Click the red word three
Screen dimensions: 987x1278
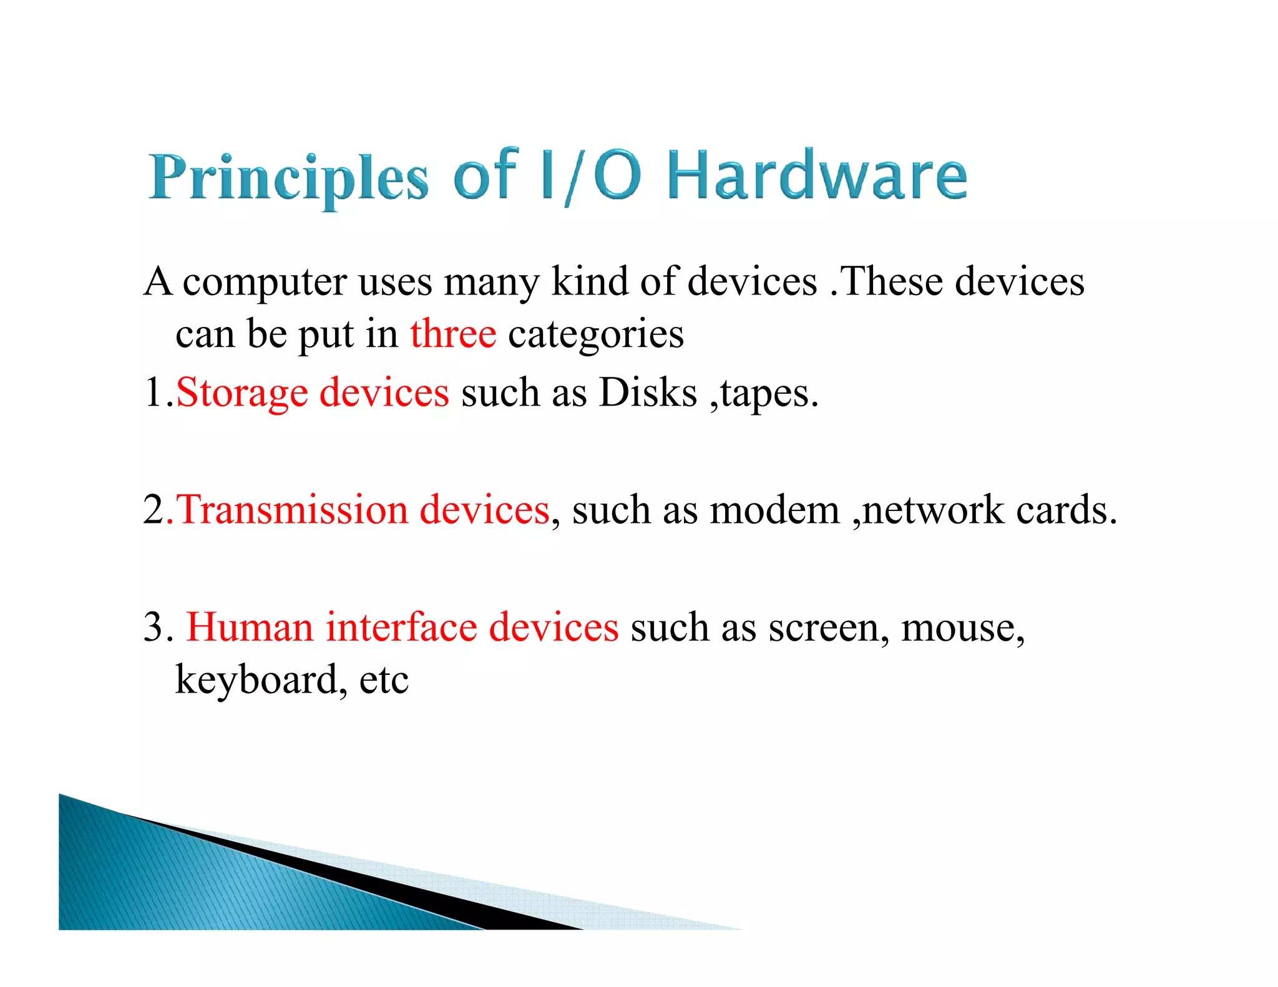point(453,334)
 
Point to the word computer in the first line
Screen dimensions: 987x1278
point(265,282)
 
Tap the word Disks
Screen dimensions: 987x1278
point(648,393)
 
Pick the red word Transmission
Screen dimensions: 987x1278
point(293,510)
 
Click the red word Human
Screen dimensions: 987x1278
point(250,627)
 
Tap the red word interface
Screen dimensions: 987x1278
point(401,627)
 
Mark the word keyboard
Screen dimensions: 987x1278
point(256,679)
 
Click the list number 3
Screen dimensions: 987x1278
point(154,627)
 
